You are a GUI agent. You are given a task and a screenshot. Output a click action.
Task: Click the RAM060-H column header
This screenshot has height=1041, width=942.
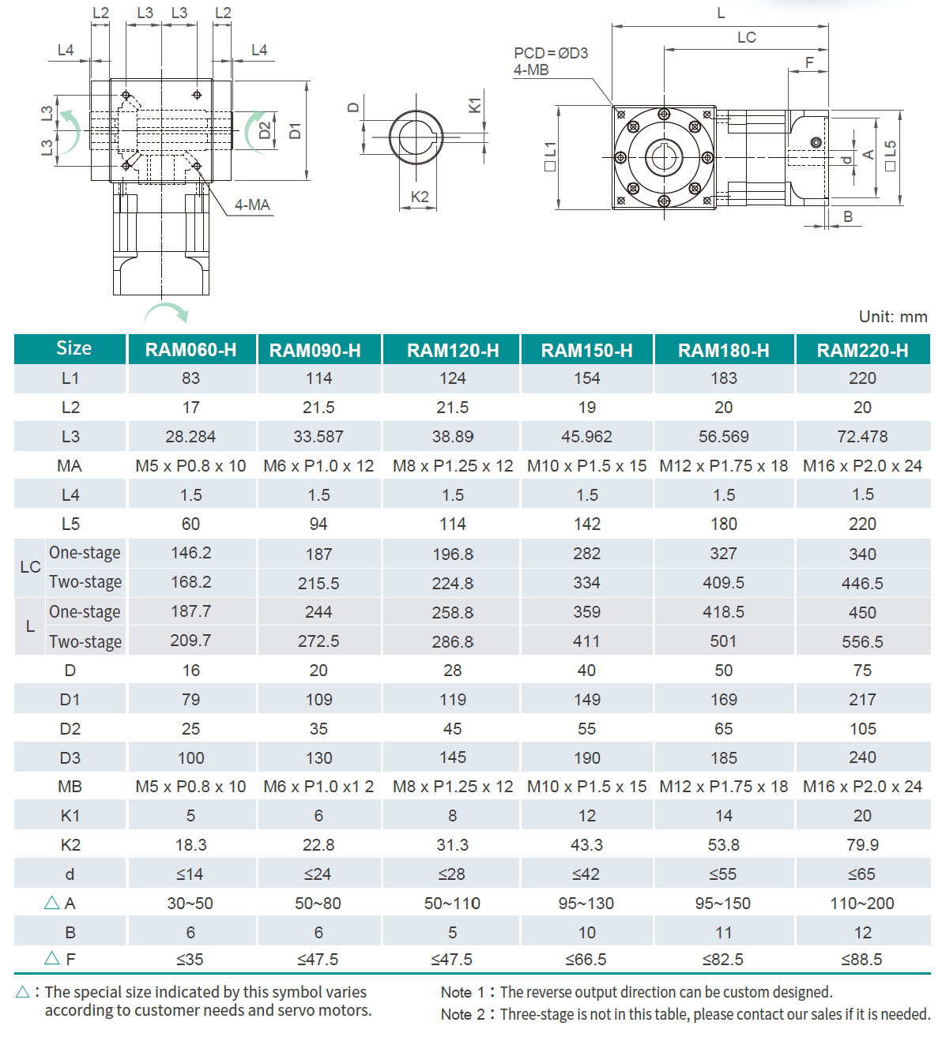tap(190, 350)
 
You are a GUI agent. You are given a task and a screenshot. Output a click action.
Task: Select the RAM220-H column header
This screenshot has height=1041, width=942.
tap(862, 350)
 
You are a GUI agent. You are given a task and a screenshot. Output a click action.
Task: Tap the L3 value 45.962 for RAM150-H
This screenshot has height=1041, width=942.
tap(586, 437)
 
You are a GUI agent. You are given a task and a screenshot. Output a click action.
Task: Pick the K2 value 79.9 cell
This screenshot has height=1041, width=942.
tap(862, 845)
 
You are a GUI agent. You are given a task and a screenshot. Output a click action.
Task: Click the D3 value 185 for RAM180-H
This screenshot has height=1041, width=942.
tap(723, 758)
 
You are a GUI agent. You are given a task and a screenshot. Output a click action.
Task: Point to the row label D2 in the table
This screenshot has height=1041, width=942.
tap(70, 729)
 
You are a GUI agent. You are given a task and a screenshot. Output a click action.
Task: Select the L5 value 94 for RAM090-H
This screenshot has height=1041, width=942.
tap(318, 524)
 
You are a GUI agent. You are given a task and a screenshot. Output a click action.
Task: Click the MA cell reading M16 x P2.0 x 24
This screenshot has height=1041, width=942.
tap(862, 466)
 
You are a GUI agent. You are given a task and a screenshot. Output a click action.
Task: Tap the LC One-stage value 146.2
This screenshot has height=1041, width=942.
tap(190, 553)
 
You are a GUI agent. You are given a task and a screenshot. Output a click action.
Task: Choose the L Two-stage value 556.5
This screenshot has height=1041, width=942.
tap(862, 642)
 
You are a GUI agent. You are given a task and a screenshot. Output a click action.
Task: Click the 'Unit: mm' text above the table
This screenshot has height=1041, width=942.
tap(892, 317)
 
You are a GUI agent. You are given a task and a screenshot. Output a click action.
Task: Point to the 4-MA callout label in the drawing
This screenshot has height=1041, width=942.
tap(252, 205)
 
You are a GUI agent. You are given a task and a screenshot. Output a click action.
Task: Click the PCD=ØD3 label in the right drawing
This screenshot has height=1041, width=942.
tap(551, 53)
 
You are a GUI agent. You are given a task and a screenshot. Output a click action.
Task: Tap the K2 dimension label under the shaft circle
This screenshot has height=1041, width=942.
tap(420, 197)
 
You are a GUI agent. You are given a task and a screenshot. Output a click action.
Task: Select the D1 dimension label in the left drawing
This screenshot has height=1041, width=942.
tap(295, 130)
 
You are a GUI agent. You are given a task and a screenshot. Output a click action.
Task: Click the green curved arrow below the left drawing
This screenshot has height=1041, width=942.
tap(167, 312)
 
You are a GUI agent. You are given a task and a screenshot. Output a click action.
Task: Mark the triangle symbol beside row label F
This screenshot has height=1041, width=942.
tap(52, 958)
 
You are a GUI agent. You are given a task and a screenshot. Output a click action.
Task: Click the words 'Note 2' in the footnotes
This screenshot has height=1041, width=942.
tap(462, 1014)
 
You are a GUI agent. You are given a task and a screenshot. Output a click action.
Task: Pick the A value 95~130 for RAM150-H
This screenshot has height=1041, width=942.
tap(586, 904)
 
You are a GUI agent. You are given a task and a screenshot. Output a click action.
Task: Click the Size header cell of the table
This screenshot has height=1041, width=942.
tap(73, 348)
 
